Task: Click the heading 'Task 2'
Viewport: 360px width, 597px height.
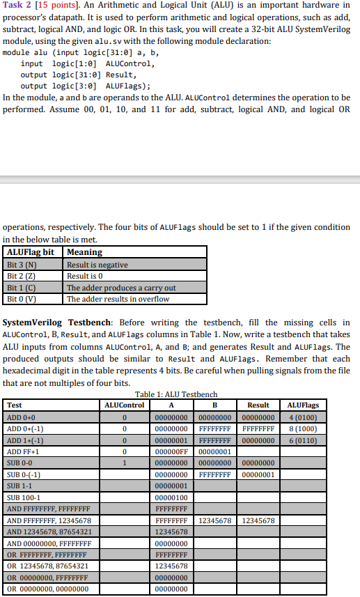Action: point(17,8)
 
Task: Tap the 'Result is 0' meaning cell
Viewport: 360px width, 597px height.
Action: point(86,276)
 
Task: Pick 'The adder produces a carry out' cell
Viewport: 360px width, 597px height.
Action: point(121,288)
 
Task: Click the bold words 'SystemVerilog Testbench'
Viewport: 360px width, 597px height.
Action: point(55,323)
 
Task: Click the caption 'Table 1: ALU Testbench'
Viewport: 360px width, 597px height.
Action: point(176,394)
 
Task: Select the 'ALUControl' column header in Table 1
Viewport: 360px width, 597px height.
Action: point(124,405)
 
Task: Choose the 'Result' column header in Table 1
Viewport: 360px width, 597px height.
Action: point(258,405)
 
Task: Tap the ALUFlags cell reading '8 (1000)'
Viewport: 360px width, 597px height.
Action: point(303,428)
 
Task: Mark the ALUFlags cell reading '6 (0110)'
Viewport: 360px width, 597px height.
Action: point(303,440)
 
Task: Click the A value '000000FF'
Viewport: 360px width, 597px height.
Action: point(171,451)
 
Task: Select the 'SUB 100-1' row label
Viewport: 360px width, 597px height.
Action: point(24,497)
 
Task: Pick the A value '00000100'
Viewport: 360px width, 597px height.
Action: point(171,497)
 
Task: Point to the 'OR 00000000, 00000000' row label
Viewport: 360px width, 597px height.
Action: point(47,589)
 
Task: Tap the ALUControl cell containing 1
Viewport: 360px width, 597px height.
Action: point(124,463)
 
